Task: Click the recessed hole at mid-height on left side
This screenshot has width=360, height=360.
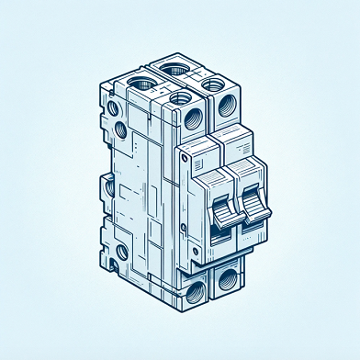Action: [110, 189]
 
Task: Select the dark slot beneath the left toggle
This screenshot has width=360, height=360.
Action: [220, 235]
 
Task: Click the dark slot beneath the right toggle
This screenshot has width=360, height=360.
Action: [251, 227]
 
